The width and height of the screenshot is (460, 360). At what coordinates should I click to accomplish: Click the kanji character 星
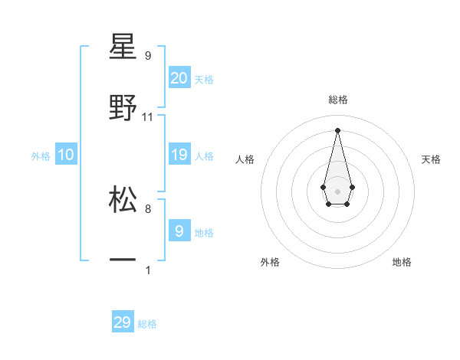click(x=123, y=47)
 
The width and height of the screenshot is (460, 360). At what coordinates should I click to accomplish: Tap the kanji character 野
click(x=123, y=108)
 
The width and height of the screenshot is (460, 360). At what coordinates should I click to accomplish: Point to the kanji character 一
click(x=123, y=261)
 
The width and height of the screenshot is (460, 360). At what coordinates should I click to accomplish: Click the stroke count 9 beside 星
click(x=148, y=56)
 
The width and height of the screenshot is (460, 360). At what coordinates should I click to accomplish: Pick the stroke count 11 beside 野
click(x=148, y=117)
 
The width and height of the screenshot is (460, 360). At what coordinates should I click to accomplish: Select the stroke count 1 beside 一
click(x=148, y=270)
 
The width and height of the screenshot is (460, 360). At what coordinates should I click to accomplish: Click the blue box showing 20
click(x=179, y=77)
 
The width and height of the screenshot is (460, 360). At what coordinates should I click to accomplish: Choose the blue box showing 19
click(x=179, y=155)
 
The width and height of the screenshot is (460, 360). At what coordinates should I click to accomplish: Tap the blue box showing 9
click(x=179, y=231)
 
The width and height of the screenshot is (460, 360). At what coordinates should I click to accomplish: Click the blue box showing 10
click(x=66, y=155)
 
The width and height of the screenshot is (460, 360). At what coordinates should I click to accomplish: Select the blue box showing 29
click(x=123, y=322)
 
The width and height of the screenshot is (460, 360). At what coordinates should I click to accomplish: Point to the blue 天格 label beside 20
click(x=204, y=79)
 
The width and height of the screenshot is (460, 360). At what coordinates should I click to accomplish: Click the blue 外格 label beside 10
click(x=41, y=156)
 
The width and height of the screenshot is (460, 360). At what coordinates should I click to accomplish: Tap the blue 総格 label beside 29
click(x=147, y=324)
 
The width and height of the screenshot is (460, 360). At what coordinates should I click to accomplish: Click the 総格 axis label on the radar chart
click(x=338, y=100)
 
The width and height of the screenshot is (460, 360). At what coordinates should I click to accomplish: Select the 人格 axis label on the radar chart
click(x=245, y=159)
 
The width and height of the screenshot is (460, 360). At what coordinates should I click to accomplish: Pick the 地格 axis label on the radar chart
click(x=402, y=262)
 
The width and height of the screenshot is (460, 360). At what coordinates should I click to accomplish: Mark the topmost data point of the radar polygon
click(x=337, y=129)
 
